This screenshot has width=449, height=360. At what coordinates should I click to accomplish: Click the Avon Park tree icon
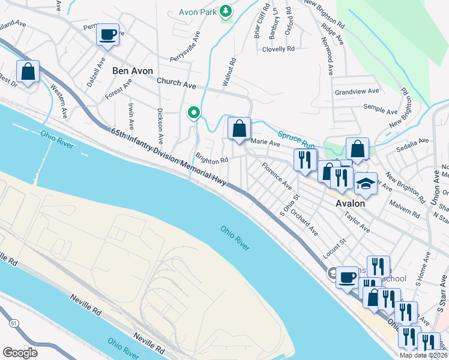coord(226,11)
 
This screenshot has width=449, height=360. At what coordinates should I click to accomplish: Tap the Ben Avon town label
coord(132,71)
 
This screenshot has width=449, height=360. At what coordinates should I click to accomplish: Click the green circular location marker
coord(193,113)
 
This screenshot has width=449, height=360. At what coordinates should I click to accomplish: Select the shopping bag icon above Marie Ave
coord(239,128)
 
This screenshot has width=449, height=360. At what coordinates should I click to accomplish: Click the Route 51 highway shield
coord(13,323)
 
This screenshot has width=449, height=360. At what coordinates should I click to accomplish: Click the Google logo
coord(20,352)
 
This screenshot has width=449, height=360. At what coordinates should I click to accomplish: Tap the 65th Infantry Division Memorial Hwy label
coord(167,158)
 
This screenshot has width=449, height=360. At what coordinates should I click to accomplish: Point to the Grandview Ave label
coord(357,92)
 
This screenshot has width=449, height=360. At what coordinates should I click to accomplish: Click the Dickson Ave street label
coord(160,125)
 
